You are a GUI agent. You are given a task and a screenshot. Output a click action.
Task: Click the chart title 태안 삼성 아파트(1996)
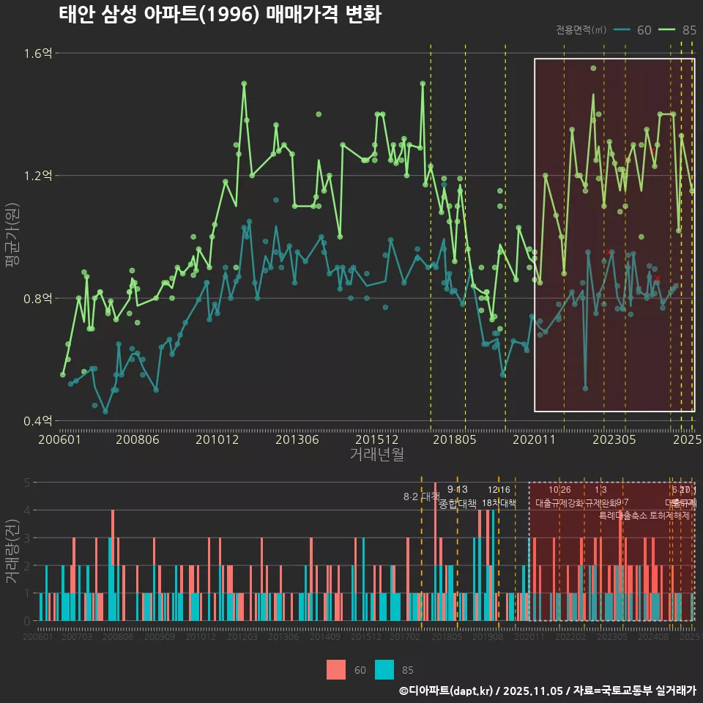click(220, 15)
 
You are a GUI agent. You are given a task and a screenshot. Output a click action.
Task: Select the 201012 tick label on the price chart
click(217, 440)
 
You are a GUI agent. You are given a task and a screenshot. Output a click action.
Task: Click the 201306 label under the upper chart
click(297, 440)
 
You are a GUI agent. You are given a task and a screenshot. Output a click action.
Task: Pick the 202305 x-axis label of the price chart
click(614, 440)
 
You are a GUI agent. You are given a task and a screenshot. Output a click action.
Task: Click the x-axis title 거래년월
click(376, 455)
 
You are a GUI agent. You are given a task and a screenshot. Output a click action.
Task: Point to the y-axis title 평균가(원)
click(12, 237)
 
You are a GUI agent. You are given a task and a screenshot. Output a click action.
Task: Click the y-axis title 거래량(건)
click(12, 551)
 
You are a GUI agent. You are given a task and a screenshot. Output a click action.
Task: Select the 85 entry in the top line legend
click(679, 30)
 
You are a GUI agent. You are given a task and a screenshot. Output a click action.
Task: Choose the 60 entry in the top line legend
click(633, 30)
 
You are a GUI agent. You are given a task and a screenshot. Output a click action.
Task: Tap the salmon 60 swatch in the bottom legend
click(336, 669)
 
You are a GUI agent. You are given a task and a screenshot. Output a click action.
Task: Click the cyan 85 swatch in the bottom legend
click(384, 669)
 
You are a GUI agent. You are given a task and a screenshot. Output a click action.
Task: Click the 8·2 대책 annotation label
click(421, 496)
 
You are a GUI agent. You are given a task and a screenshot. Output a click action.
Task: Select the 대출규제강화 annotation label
click(559, 503)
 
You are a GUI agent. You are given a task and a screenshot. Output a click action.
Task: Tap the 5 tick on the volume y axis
click(26, 483)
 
